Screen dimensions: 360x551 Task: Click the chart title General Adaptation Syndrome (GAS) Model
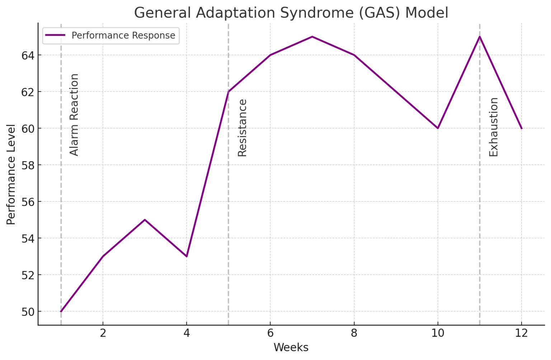click(291, 13)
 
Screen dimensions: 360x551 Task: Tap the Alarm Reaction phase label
click(74, 115)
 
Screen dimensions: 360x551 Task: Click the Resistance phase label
click(242, 128)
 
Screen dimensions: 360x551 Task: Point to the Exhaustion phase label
click(494, 127)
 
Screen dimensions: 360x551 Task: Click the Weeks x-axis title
click(291, 347)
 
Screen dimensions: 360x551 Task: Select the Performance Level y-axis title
click(11, 174)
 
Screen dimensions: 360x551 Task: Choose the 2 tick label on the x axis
click(103, 333)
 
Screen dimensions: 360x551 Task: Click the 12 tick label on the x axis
click(521, 333)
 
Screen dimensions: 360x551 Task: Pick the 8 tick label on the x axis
click(354, 333)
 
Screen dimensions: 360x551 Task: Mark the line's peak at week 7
click(312, 37)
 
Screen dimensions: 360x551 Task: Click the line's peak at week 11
click(480, 37)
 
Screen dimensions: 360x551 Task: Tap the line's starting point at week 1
click(61, 311)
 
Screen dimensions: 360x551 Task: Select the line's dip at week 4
click(187, 256)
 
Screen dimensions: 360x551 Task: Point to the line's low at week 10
click(438, 128)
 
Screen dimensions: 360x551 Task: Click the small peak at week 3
click(145, 220)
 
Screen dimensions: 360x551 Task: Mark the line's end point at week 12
click(521, 128)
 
